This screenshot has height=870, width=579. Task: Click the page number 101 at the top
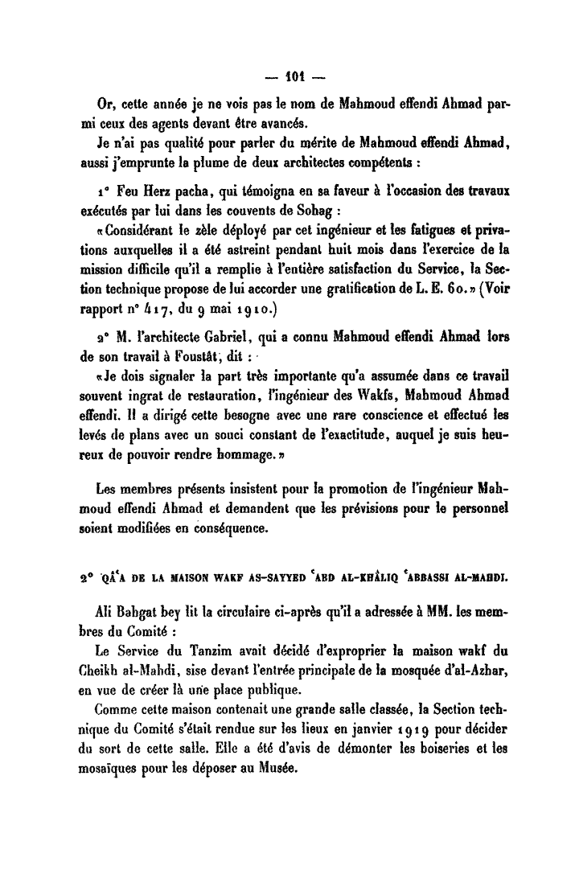click(x=289, y=80)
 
